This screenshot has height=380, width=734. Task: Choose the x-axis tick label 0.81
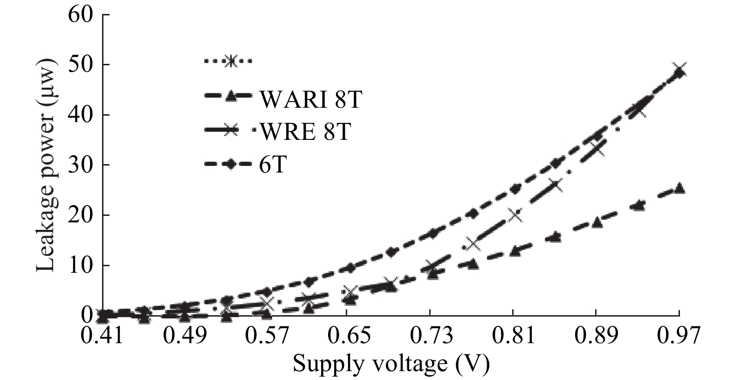513,335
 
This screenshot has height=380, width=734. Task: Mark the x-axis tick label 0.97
679,335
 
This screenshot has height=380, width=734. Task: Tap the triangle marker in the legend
230,97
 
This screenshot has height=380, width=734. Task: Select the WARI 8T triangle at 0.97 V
679,188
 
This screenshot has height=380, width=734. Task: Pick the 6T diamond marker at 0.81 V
514,189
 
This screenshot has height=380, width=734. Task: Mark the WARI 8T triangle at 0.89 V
597,223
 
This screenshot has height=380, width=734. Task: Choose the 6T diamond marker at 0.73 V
432,233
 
